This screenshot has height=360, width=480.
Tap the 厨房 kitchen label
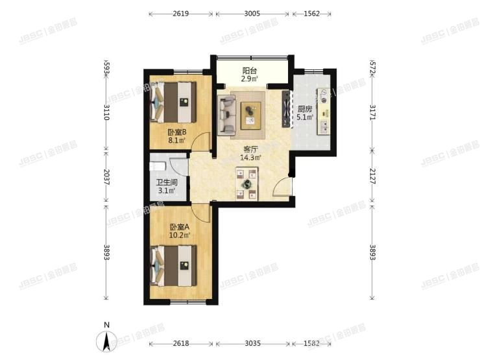305,108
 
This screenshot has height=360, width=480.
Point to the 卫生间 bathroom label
165,183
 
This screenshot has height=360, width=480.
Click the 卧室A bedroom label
180,226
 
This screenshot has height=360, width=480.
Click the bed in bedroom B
173,102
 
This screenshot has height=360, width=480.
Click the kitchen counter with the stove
322,111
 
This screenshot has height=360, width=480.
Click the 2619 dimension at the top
181,12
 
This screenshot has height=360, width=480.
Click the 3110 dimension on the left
106,115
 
